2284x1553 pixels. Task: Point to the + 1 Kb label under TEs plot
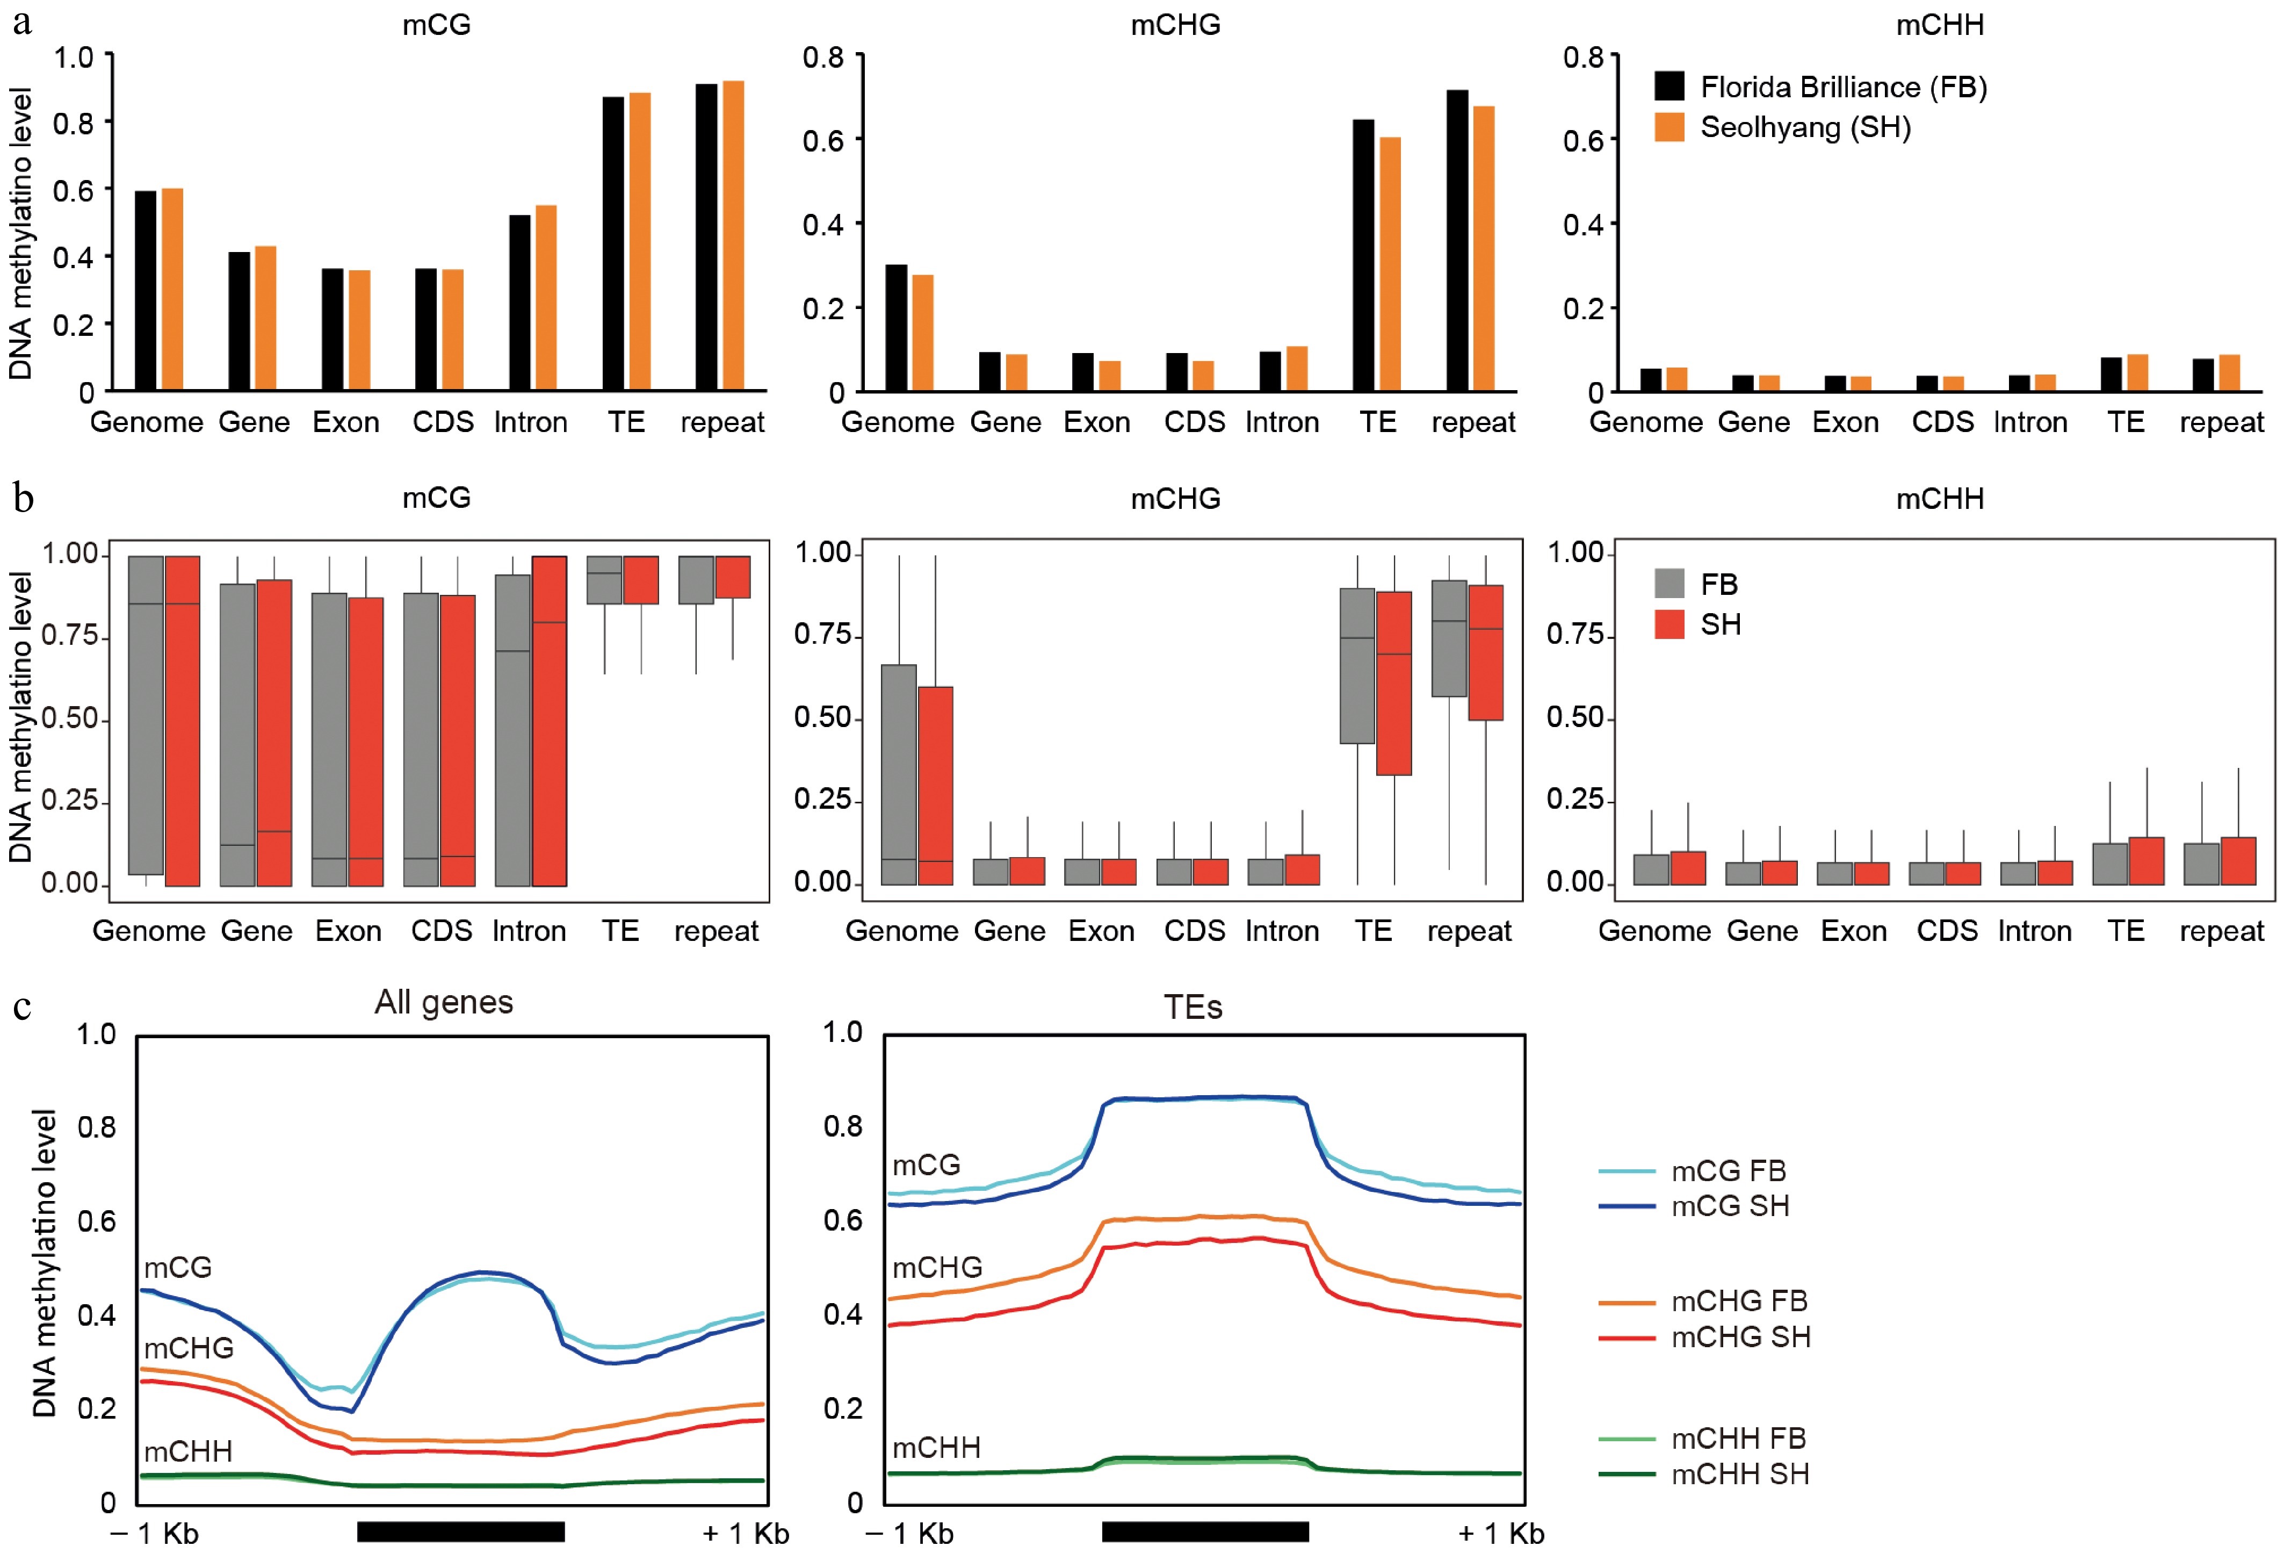(x=1501, y=1533)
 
